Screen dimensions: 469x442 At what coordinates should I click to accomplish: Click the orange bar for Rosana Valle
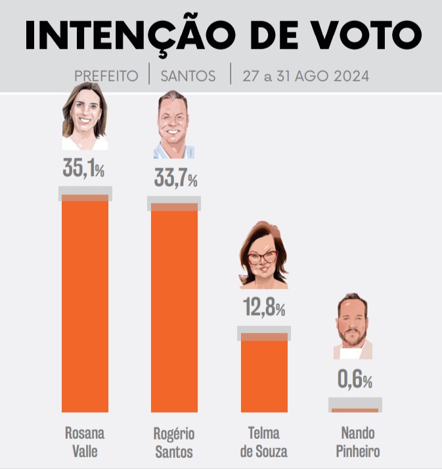(85, 305)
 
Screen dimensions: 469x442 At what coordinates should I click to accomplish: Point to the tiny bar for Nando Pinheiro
(355, 410)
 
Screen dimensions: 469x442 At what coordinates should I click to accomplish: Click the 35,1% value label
(83, 169)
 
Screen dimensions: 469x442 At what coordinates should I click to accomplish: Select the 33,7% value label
(175, 178)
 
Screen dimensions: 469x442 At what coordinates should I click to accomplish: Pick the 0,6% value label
(355, 379)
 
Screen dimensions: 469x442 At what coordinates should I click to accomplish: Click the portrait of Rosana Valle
(85, 117)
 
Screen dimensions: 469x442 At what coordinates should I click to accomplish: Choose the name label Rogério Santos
(174, 443)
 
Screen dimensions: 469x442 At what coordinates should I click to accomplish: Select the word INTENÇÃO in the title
(132, 36)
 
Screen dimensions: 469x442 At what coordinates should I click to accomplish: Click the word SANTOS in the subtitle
(188, 76)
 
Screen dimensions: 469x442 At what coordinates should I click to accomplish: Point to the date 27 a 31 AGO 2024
(305, 76)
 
